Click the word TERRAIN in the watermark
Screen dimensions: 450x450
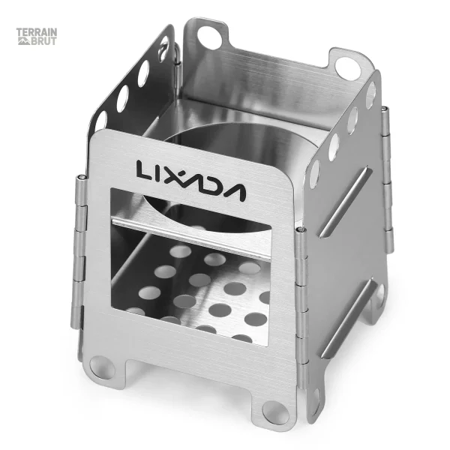tap(37, 31)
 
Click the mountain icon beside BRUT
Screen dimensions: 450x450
tap(24, 41)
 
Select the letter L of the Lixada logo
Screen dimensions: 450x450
tap(143, 170)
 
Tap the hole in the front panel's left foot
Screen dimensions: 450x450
tap(102, 367)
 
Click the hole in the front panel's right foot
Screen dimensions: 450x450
tap(276, 413)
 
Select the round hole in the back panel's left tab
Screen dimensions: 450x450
tap(209, 37)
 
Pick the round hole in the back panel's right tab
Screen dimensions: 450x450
tap(347, 69)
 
